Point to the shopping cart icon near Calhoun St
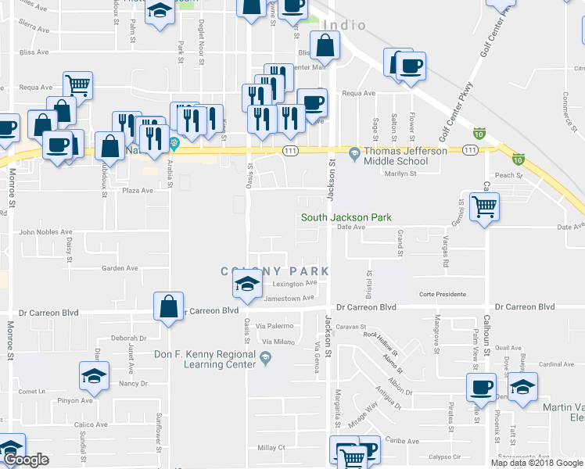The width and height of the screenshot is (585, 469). [x=485, y=206]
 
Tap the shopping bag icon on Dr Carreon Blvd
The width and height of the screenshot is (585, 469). [x=168, y=306]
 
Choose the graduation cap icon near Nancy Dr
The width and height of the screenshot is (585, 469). [x=94, y=375]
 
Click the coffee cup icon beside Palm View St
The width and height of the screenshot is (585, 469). [x=481, y=386]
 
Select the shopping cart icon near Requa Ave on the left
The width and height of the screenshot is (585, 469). [x=77, y=84]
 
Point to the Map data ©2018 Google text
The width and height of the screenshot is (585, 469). [x=537, y=463]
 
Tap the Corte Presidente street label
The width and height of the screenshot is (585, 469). [x=442, y=295]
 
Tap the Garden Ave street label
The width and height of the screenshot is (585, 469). [x=120, y=268]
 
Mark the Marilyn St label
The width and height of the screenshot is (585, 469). [x=403, y=174]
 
